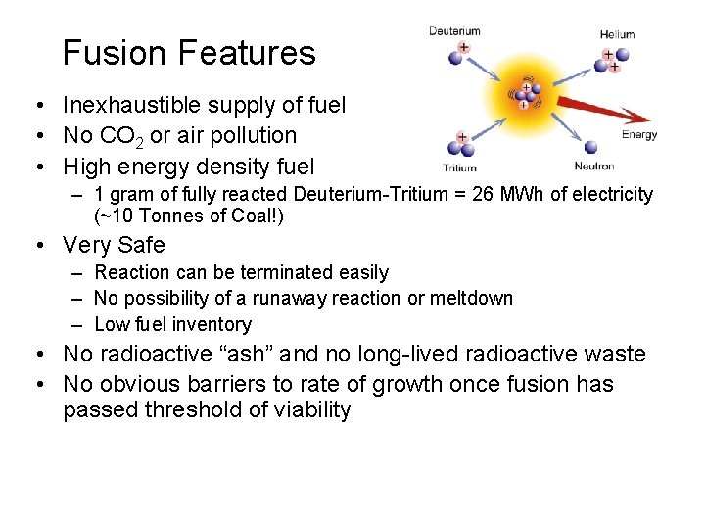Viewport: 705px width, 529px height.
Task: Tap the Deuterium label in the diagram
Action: tap(455, 31)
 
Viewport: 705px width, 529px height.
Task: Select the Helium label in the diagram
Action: tap(617, 34)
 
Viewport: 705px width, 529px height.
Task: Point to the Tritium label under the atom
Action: tap(459, 168)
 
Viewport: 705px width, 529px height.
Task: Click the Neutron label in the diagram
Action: tap(593, 167)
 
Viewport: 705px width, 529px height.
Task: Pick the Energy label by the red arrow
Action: tap(639, 135)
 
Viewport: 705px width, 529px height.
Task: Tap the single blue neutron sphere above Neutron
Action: tap(594, 147)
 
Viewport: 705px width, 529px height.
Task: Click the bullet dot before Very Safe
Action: tap(34, 246)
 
